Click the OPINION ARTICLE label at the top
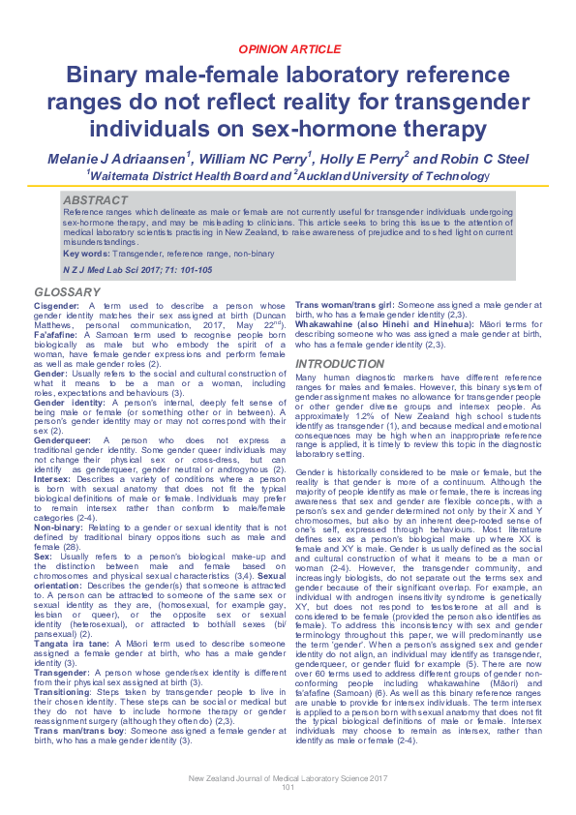point(288,47)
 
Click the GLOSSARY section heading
point(65,292)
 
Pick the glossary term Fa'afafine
point(55,334)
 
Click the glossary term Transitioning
point(60,664)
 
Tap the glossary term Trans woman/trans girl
point(345,306)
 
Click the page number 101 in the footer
point(288,787)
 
